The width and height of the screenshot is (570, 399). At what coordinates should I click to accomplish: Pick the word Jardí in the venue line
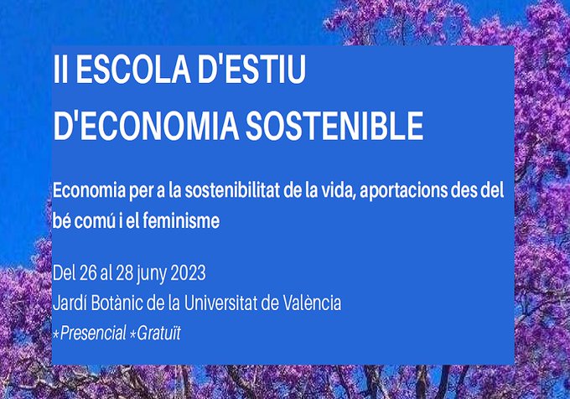point(70,303)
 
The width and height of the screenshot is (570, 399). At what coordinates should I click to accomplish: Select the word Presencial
point(91,333)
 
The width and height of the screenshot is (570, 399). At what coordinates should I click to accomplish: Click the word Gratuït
point(160,333)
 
